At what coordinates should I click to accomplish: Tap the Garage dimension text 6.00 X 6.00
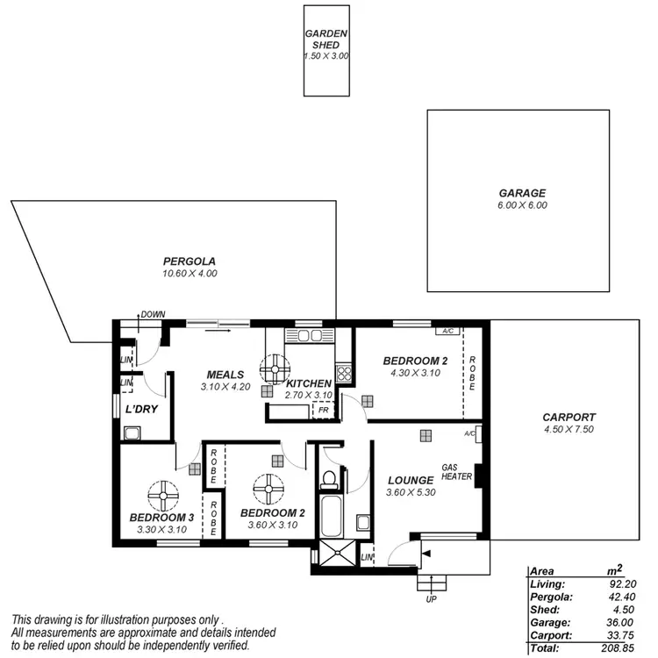point(522,205)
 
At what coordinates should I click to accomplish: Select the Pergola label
point(190,261)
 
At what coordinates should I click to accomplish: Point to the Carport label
point(569,418)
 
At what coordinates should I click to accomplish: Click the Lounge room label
point(411,480)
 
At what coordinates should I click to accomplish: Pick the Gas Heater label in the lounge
point(456,472)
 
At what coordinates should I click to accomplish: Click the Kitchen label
point(309,383)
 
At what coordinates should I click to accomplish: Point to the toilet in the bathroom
point(330,479)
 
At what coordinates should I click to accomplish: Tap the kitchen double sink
point(310,335)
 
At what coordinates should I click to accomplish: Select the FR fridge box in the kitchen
point(324,410)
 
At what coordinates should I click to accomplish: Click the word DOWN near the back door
point(154,314)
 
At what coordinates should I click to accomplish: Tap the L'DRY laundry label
point(140,410)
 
